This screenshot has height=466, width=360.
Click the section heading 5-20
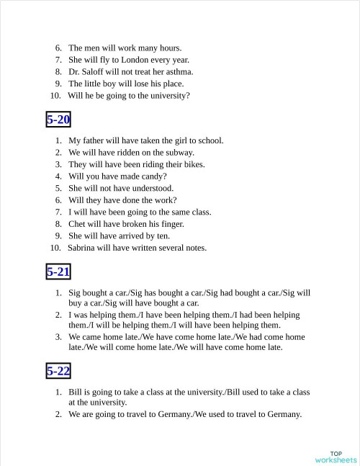click(x=58, y=120)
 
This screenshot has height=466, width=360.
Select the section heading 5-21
click(x=58, y=272)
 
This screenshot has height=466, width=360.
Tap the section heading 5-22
click(x=58, y=371)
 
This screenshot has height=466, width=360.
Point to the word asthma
click(x=180, y=71)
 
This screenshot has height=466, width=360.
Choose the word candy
click(x=154, y=176)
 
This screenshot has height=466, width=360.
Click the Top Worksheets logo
click(x=336, y=457)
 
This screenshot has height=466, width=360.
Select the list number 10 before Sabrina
click(x=55, y=248)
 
